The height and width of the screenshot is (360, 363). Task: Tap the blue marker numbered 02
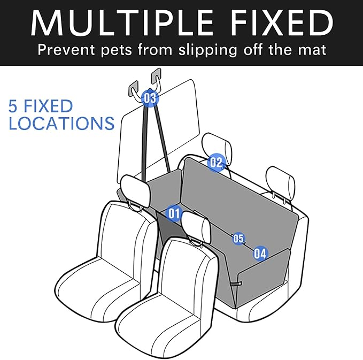215,162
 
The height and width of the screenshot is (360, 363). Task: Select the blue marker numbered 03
150,98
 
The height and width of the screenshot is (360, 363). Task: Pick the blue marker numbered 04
260,254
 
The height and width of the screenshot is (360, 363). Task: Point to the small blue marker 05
238,239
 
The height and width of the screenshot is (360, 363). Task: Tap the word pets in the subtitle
122,51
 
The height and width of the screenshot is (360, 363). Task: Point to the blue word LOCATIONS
61,124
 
